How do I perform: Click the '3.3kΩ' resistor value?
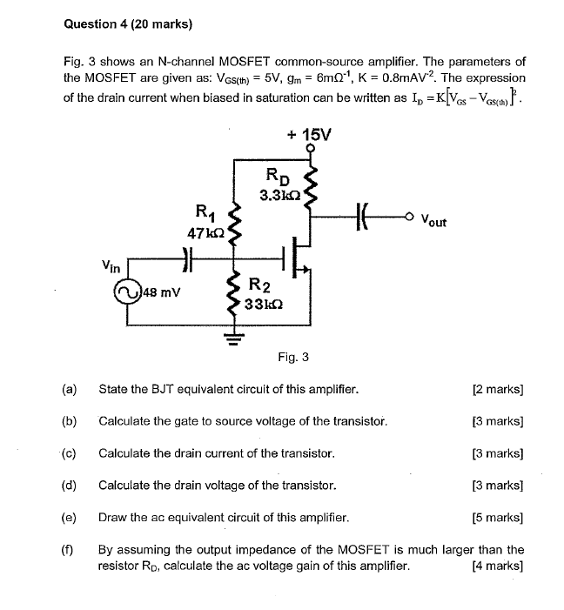click(x=279, y=195)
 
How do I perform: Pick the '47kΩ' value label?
click(x=206, y=232)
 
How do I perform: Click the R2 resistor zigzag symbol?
click(x=232, y=296)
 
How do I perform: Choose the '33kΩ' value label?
click(x=261, y=304)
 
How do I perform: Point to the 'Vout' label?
click(x=433, y=221)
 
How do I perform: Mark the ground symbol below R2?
click(x=232, y=338)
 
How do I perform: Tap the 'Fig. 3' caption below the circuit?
click(x=293, y=357)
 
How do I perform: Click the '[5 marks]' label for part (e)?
click(x=497, y=518)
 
